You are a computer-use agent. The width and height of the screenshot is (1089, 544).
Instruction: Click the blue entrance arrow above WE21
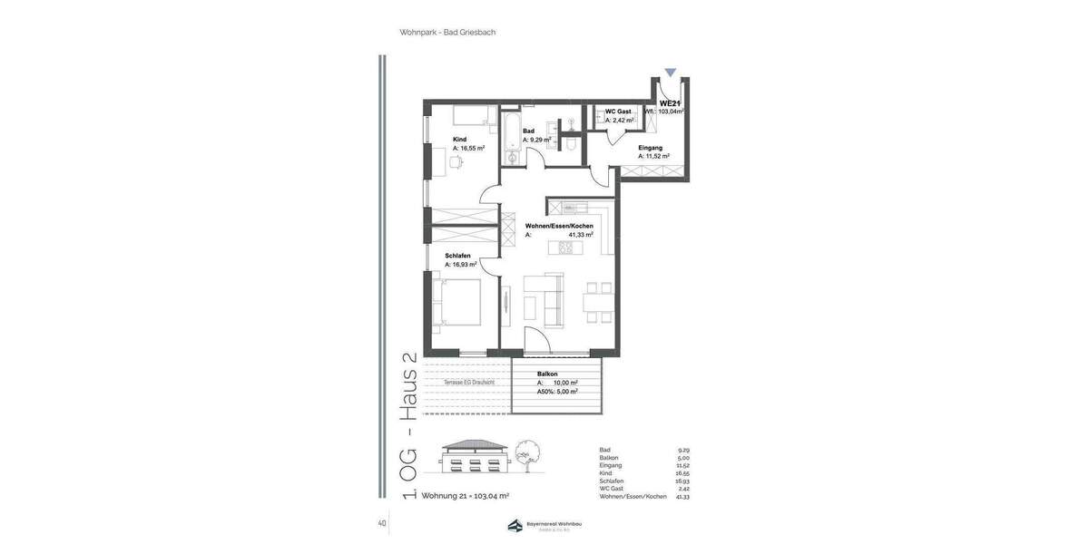670,73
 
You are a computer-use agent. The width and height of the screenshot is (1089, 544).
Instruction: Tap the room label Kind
459,140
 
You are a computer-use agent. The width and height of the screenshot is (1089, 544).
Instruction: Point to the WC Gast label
618,112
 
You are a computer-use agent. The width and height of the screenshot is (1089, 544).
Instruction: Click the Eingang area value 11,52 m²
653,156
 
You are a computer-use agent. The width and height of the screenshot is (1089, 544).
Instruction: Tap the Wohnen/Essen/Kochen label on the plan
559,226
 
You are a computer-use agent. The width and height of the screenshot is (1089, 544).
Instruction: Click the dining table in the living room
596,301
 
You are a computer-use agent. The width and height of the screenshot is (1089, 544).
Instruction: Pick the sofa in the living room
544,299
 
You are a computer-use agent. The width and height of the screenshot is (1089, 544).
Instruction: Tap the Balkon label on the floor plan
547,374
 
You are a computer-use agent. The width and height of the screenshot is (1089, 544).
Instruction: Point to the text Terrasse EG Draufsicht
468,383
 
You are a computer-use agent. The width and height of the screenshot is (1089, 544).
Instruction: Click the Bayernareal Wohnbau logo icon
515,526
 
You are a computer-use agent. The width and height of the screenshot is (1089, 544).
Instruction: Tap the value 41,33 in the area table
682,497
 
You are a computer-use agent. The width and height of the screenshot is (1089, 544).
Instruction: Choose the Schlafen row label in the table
612,481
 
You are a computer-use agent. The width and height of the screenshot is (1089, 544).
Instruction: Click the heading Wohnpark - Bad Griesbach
447,33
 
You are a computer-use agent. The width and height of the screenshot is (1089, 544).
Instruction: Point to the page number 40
382,523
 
